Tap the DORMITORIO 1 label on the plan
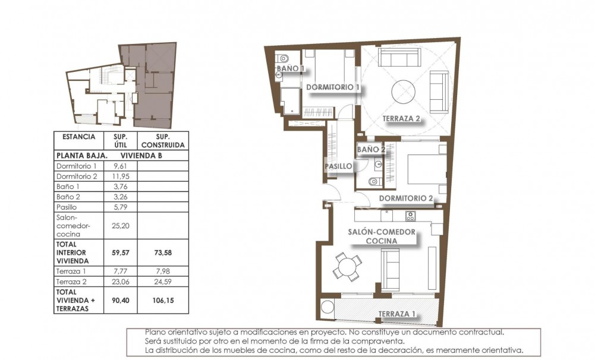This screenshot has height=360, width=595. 333,87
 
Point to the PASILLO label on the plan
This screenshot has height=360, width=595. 338,166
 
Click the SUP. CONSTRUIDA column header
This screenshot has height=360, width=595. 163,140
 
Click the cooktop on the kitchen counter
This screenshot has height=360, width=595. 410,214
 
